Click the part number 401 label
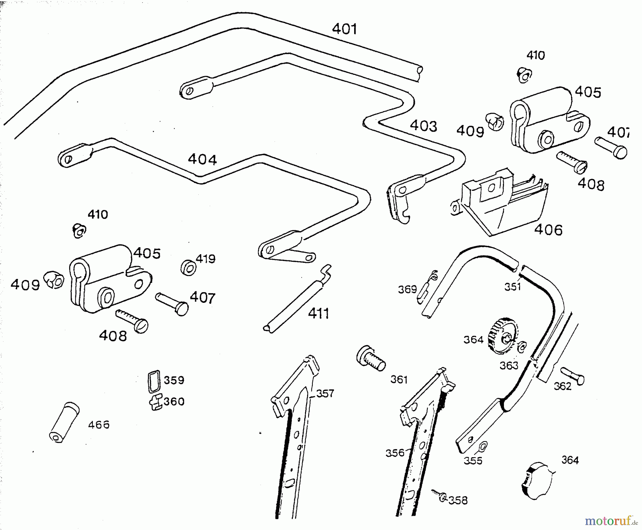pos(345,29)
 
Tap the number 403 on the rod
pos(423,126)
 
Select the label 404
pos(202,159)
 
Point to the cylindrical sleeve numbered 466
pos(64,423)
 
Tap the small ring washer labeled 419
pos(188,267)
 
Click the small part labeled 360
pos(156,402)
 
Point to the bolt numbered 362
pos(572,376)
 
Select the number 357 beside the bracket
pos(325,393)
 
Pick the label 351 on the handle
pos(513,286)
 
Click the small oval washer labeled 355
pos(483,446)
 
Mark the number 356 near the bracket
pos(395,453)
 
